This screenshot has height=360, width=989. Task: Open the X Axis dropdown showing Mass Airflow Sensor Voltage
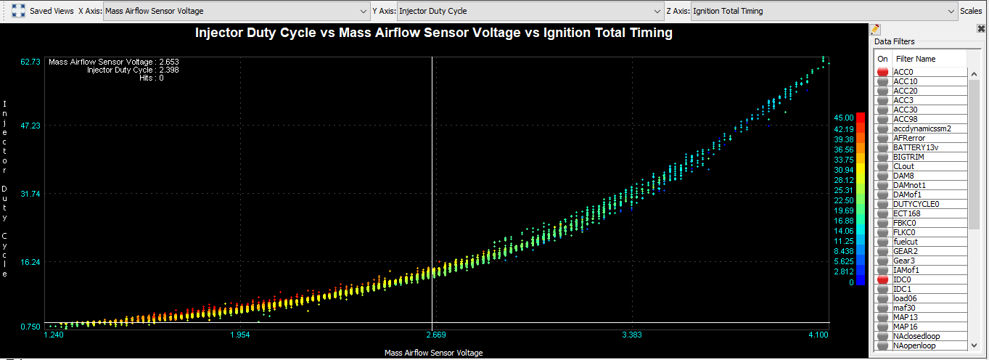coord(237,11)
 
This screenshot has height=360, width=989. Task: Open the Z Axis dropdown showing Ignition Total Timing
coord(824,11)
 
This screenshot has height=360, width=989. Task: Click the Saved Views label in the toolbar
coord(52,11)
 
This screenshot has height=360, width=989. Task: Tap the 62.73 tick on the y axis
coord(30,62)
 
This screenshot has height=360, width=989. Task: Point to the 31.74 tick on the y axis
coord(30,194)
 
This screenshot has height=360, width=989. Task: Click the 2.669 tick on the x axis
coord(432,335)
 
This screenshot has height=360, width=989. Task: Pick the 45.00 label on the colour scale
coord(843,118)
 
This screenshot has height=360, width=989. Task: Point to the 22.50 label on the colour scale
coord(843,200)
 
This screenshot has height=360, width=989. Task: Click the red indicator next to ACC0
coord(882,72)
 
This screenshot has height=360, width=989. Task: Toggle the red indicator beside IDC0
coord(882,279)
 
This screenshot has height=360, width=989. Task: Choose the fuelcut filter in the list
coord(907,242)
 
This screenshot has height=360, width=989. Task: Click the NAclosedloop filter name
coord(916,336)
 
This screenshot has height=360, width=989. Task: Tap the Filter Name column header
coord(916,59)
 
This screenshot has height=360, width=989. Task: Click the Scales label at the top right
coord(971,11)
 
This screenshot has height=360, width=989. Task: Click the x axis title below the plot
coord(433,353)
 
